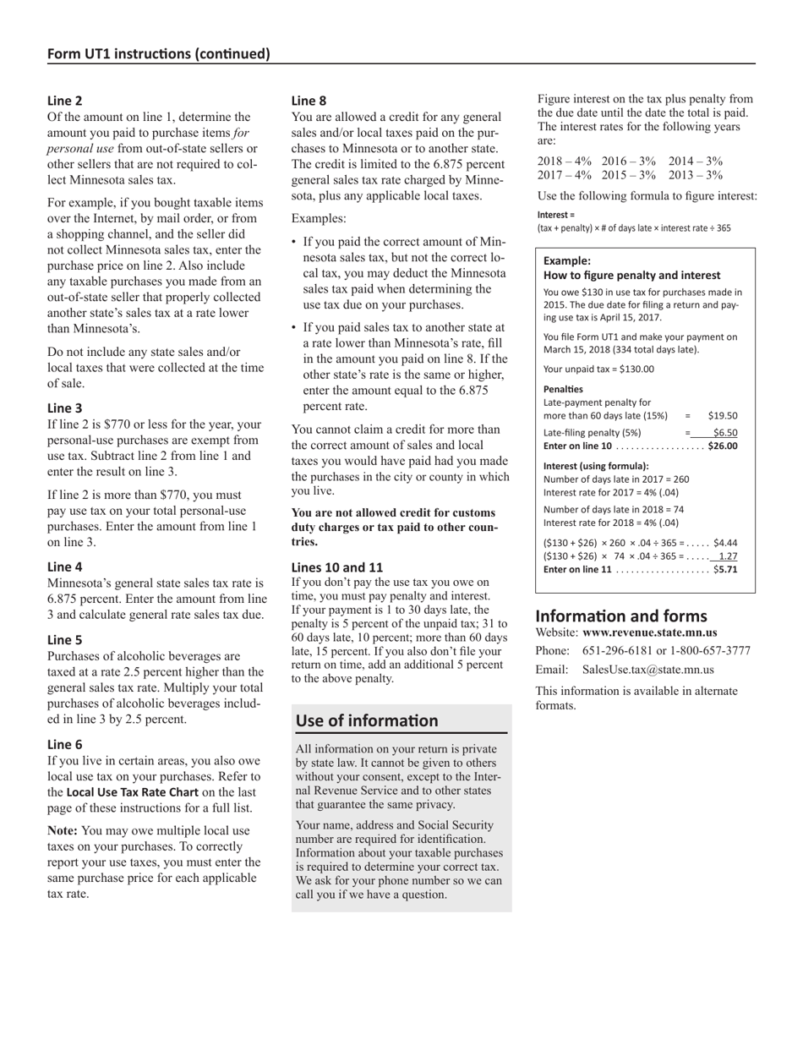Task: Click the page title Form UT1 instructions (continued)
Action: coord(159,54)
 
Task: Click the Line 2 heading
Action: coord(64,100)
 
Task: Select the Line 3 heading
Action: coord(64,408)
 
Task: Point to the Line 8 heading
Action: coord(309,100)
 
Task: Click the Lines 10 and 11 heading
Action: coord(337,567)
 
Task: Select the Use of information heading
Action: coord(367,720)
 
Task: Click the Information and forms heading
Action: coord(621,616)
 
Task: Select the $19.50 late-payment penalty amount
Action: coord(723,415)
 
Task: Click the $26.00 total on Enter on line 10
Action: coord(723,446)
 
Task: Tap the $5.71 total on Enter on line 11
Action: coord(725,570)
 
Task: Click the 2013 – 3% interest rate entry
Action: coord(696,175)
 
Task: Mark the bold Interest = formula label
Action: coord(555,215)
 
